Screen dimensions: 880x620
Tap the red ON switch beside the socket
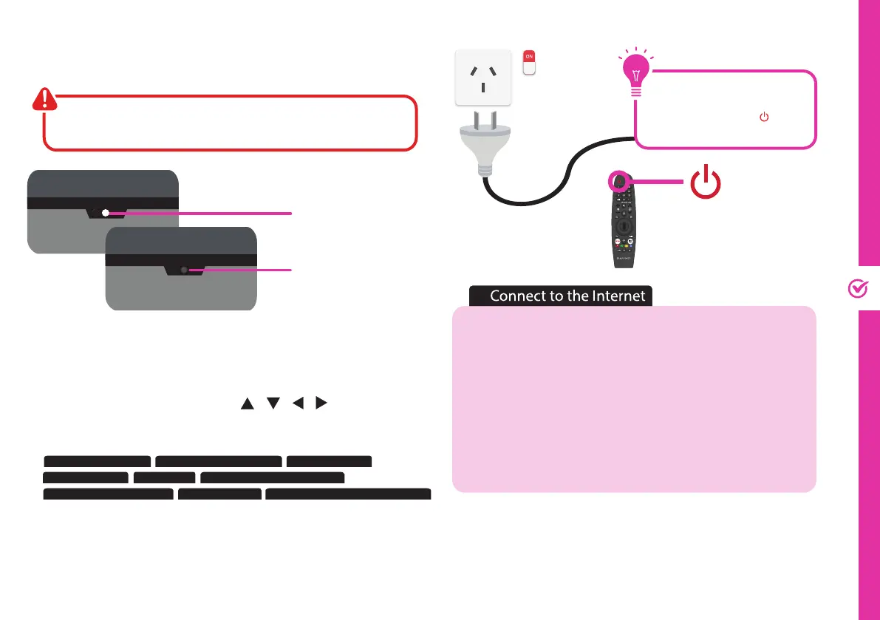pos(528,62)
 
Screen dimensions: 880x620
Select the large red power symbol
pos(706,182)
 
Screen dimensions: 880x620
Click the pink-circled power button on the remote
pos(618,181)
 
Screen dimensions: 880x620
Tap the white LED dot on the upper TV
pos(106,213)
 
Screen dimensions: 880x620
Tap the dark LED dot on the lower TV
pos(184,271)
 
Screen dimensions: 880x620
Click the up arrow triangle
pos(247,404)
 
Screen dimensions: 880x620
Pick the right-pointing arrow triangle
pos(321,404)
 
